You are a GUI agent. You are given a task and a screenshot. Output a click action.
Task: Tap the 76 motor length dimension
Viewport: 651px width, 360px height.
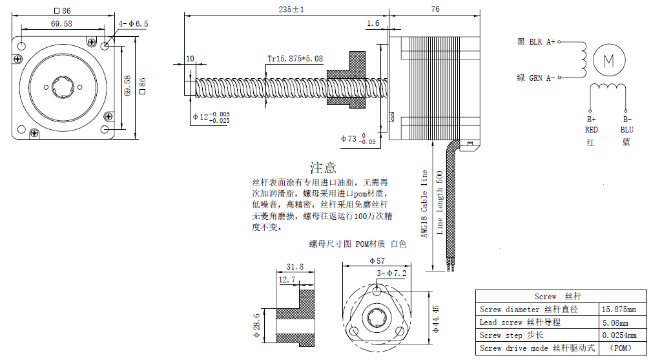tap(435, 9)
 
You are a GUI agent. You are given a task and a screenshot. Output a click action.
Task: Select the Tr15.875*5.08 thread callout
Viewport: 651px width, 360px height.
tap(295, 59)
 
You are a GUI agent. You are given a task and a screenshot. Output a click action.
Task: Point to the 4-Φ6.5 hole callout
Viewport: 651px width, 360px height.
tap(133, 23)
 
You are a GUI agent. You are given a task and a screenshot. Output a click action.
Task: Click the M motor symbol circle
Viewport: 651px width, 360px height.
tap(608, 60)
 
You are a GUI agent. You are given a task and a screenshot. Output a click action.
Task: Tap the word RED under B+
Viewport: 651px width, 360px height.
tap(591, 130)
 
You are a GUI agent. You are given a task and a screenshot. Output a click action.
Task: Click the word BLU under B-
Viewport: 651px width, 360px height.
tap(626, 130)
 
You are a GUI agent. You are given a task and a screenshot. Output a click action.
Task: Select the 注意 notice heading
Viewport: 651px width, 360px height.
tap(323, 168)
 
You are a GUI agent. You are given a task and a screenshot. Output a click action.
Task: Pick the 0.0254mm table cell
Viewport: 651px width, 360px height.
tap(619, 335)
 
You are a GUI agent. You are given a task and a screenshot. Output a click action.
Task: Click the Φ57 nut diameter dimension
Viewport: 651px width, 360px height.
tap(377, 260)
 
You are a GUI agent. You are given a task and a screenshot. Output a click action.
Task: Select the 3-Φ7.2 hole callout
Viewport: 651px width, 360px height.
tap(391, 273)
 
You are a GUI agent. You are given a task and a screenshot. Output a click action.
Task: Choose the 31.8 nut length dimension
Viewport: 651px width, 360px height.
tap(294, 266)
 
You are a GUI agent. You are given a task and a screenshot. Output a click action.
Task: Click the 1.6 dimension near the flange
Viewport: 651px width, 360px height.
tap(373, 23)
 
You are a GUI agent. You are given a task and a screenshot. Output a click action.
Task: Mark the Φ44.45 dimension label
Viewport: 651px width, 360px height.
tap(437, 319)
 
